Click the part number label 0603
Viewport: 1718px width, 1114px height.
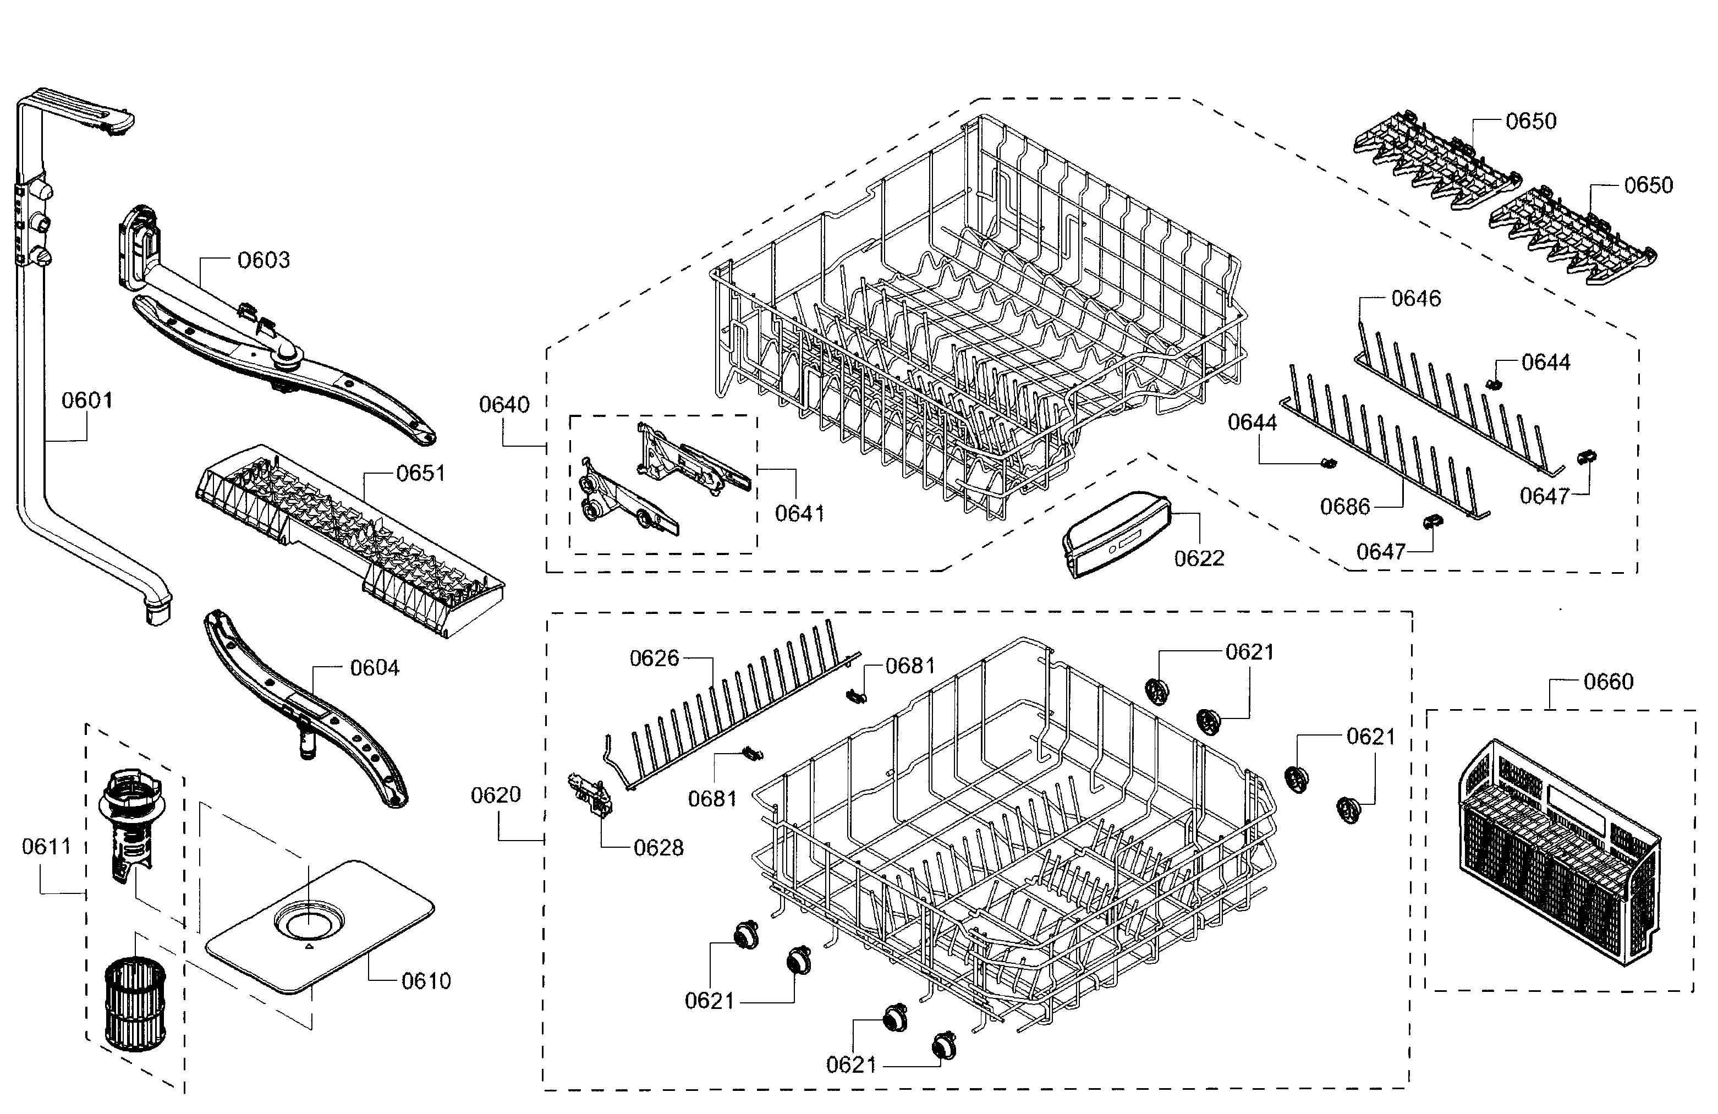pyautogui.click(x=264, y=260)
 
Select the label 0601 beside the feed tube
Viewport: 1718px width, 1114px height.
pyautogui.click(x=86, y=400)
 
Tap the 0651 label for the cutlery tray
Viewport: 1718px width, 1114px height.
pyautogui.click(x=420, y=474)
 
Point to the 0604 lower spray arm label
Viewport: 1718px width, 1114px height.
pyautogui.click(x=375, y=668)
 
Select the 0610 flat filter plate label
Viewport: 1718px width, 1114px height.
pyautogui.click(x=426, y=981)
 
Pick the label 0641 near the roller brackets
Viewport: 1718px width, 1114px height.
pyautogui.click(x=799, y=513)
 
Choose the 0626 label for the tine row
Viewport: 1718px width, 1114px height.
pyautogui.click(x=654, y=658)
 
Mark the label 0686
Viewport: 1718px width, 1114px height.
pyautogui.click(x=1345, y=507)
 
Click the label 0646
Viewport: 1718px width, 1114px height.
pyautogui.click(x=1415, y=298)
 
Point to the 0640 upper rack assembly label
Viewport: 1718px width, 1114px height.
pyautogui.click(x=504, y=405)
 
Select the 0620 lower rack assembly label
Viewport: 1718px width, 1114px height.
pyautogui.click(x=495, y=795)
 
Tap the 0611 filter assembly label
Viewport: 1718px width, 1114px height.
pyautogui.click(x=46, y=846)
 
